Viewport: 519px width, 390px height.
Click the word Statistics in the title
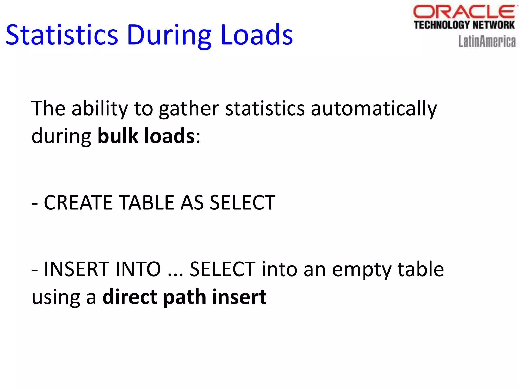[x=62, y=35]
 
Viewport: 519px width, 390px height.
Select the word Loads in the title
[x=256, y=35]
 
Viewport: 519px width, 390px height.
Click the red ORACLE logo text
[x=464, y=12]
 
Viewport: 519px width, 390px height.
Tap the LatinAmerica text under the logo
[x=487, y=41]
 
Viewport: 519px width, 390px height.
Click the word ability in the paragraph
[x=100, y=109]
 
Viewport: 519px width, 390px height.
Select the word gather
[x=189, y=109]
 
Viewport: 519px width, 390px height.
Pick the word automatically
[x=374, y=109]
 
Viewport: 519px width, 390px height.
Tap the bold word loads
[x=169, y=136]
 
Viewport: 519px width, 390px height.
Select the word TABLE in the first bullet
[x=147, y=203]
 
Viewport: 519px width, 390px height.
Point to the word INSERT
[x=77, y=269]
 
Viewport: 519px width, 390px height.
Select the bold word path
[x=184, y=297]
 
